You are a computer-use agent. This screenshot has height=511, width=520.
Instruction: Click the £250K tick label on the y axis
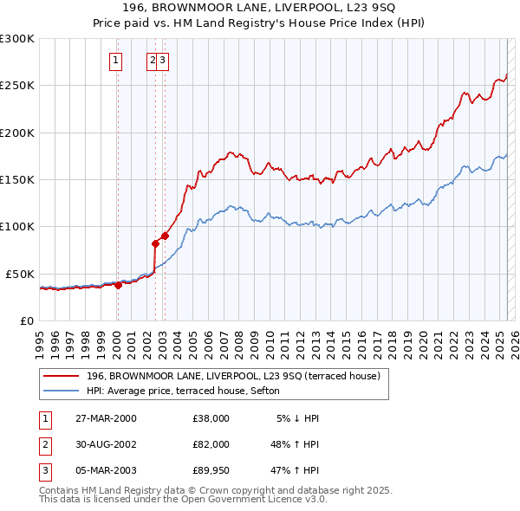click(16, 86)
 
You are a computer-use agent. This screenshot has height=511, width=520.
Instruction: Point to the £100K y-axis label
click(16, 226)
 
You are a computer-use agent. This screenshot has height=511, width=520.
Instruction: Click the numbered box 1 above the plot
click(116, 61)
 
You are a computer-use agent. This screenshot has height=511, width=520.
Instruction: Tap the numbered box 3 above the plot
click(163, 61)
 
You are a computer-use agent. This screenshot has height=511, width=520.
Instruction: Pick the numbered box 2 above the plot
click(153, 61)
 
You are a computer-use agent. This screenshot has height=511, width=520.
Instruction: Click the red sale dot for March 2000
click(118, 285)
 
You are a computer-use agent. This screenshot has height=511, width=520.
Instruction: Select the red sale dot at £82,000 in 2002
click(156, 243)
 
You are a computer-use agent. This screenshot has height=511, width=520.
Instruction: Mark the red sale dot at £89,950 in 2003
click(164, 236)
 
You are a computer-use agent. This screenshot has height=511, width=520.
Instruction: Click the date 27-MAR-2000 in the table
click(106, 418)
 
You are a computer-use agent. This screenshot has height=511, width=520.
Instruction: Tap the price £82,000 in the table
click(211, 443)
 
